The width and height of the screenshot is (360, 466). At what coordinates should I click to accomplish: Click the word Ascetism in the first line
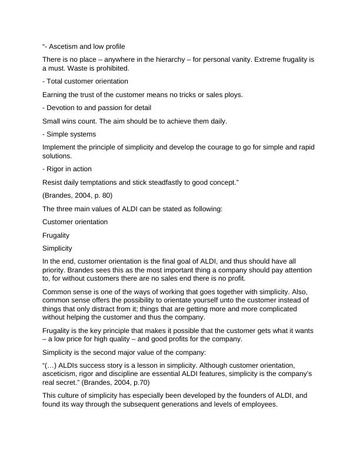66,46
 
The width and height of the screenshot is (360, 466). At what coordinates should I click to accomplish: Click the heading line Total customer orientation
85,81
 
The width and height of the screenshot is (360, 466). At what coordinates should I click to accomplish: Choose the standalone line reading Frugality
56,235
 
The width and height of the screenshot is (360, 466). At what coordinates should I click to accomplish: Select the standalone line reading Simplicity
58,248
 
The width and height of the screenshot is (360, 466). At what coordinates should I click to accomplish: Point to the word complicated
270,308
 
